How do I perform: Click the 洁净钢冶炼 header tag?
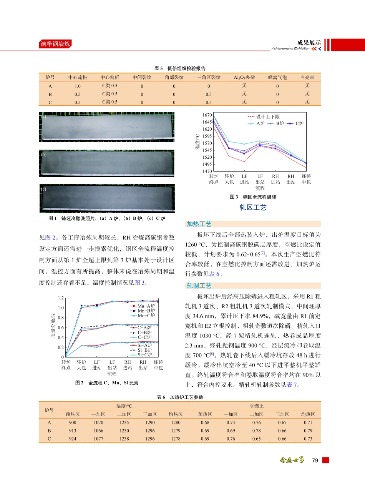(55, 44)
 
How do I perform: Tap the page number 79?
(315, 460)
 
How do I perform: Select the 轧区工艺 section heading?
(253, 208)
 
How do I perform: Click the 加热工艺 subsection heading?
(199, 224)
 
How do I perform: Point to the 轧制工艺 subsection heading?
(199, 286)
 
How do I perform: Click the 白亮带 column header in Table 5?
(307, 77)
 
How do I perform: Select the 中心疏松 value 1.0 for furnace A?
(78, 86)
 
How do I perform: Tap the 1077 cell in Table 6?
(98, 439)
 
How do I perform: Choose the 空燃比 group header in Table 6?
(256, 406)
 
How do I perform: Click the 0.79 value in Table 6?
(307, 430)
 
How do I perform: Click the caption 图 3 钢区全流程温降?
(253, 197)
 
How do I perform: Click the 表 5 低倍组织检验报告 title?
(180, 68)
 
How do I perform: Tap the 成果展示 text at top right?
(309, 42)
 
